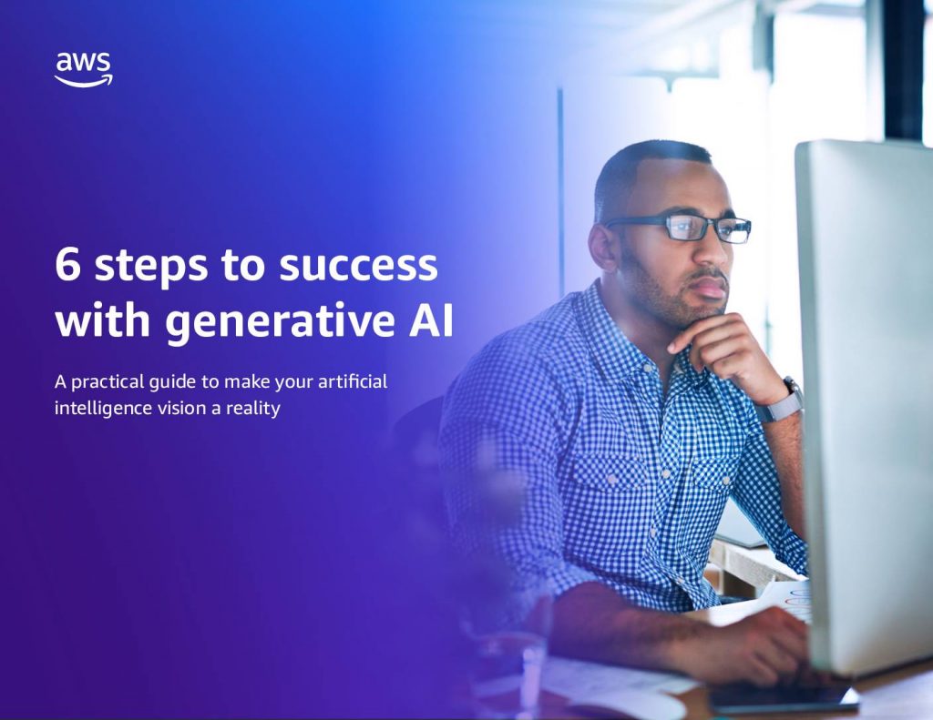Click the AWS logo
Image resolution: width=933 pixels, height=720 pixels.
(x=83, y=69)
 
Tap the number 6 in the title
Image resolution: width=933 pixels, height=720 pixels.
(x=67, y=264)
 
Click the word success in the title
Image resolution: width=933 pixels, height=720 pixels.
(x=358, y=266)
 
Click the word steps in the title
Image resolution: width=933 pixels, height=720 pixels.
(x=151, y=268)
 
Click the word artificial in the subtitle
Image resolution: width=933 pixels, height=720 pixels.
(x=353, y=381)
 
